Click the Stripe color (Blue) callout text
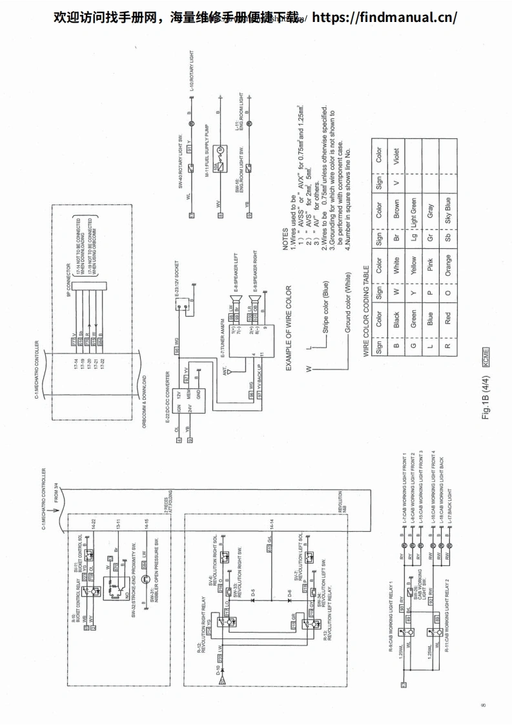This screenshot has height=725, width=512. point(327,308)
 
